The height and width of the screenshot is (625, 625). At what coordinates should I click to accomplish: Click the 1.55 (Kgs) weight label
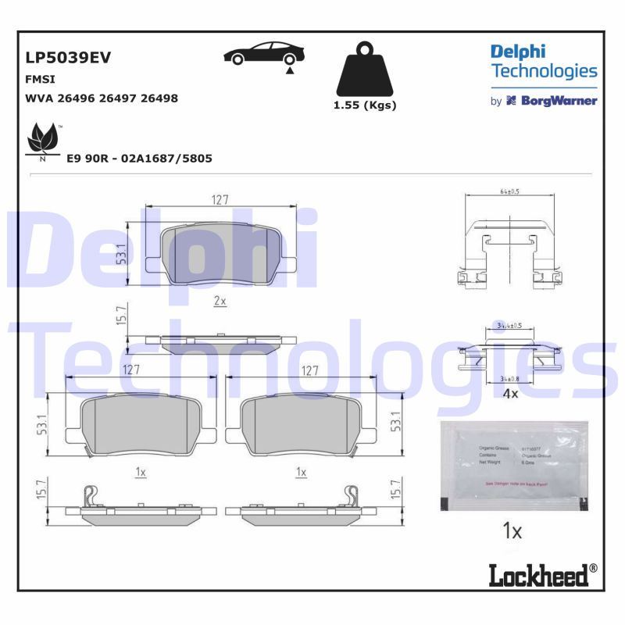pyautogui.click(x=365, y=105)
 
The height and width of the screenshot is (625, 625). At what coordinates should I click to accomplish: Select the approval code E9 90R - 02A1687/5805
pyautogui.click(x=139, y=158)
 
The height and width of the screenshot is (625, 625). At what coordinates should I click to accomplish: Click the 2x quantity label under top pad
pyautogui.click(x=220, y=301)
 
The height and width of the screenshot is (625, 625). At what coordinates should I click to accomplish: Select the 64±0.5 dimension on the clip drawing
pyautogui.click(x=510, y=191)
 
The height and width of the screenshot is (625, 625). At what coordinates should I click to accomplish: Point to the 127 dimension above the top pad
pyautogui.click(x=220, y=200)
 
